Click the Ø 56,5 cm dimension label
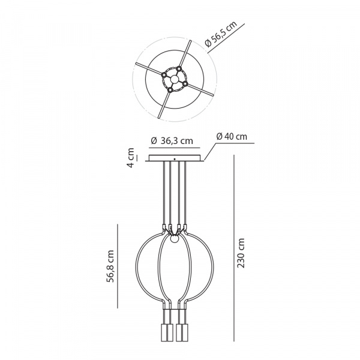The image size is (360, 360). pos(221,34)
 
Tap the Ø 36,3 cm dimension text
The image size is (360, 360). pos(172,141)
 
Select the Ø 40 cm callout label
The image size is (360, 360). pos(232,137)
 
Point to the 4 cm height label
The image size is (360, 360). pos(131,158)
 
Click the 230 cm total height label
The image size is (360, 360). pos(241,253)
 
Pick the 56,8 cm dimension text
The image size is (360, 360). pos(110,266)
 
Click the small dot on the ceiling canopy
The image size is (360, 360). pos(175,159)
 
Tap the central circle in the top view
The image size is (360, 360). pos(175,80)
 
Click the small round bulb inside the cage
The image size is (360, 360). pos(175,239)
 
